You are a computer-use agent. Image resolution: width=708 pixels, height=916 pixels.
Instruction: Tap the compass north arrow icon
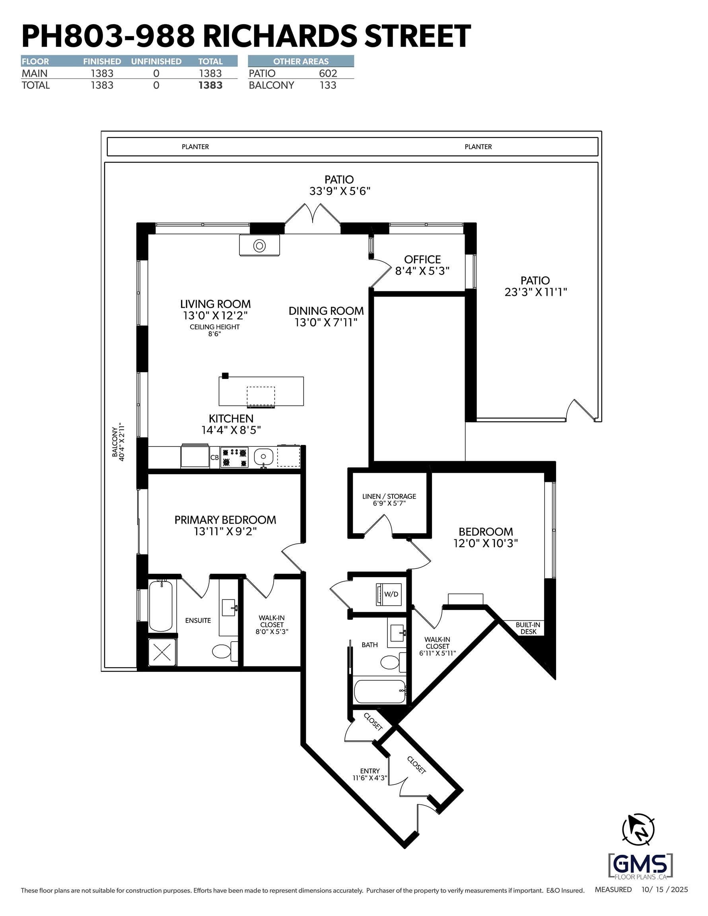(x=638, y=830)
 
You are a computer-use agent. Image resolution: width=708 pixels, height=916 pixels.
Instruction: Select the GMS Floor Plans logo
(x=640, y=866)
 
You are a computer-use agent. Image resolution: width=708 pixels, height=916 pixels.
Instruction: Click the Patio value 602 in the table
(x=328, y=74)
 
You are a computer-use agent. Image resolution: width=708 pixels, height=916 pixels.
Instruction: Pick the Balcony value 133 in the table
(x=328, y=85)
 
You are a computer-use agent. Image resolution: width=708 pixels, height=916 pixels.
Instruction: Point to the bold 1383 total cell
(x=210, y=85)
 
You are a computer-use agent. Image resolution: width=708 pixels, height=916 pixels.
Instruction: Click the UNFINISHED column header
(x=156, y=61)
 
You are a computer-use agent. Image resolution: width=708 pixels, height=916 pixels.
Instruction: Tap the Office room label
(x=422, y=265)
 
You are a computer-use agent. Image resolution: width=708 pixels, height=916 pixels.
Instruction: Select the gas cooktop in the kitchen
(x=234, y=457)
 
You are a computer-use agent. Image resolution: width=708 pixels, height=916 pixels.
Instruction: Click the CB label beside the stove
(x=214, y=458)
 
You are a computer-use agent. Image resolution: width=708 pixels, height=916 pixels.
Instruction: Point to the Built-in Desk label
(x=528, y=628)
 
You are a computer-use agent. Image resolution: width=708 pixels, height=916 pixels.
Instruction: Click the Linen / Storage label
(x=389, y=499)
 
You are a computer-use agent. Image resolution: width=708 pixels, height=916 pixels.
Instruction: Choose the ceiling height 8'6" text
(x=214, y=330)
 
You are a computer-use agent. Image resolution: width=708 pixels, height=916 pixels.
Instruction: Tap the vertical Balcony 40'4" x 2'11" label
(x=119, y=442)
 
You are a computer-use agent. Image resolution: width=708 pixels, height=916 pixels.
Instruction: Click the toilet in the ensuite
(x=222, y=651)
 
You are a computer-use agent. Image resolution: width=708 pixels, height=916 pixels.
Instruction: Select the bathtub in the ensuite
(x=161, y=605)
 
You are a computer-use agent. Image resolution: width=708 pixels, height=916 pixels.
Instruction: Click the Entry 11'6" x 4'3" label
(x=370, y=774)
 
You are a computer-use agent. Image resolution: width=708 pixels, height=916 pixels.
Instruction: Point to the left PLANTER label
(x=195, y=147)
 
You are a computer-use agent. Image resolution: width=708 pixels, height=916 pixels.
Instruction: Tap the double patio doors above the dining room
(x=313, y=216)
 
